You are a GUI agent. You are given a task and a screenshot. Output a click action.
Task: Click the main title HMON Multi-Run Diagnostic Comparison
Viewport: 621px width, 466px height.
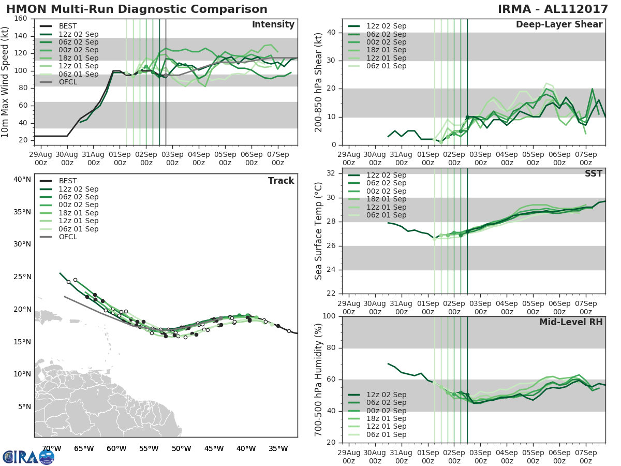tap(137, 9)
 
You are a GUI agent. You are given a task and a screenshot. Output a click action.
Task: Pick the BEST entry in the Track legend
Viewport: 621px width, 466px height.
tap(68, 181)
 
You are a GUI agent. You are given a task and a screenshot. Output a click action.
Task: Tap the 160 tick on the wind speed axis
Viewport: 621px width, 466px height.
tap(21, 19)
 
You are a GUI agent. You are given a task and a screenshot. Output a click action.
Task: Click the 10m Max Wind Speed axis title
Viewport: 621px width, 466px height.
tap(6, 80)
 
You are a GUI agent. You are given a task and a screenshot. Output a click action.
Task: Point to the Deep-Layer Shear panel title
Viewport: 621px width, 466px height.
tap(559, 25)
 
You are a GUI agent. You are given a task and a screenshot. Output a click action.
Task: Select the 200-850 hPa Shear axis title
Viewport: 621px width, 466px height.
tap(319, 82)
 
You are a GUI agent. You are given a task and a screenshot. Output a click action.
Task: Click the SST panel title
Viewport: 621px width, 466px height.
tap(593, 173)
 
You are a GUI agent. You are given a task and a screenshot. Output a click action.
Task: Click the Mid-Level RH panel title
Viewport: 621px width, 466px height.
tap(571, 322)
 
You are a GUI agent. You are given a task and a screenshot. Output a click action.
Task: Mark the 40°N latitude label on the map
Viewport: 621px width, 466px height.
tap(22, 180)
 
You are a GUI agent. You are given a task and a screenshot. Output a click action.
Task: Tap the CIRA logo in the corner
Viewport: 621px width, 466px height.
tap(28, 456)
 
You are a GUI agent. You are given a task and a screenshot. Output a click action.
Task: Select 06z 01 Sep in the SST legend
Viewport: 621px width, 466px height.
tap(386, 215)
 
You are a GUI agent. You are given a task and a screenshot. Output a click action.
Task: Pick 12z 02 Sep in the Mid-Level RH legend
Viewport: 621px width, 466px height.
tap(386, 395)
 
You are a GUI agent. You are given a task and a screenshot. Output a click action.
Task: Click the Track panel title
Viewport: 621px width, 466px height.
tap(281, 181)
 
